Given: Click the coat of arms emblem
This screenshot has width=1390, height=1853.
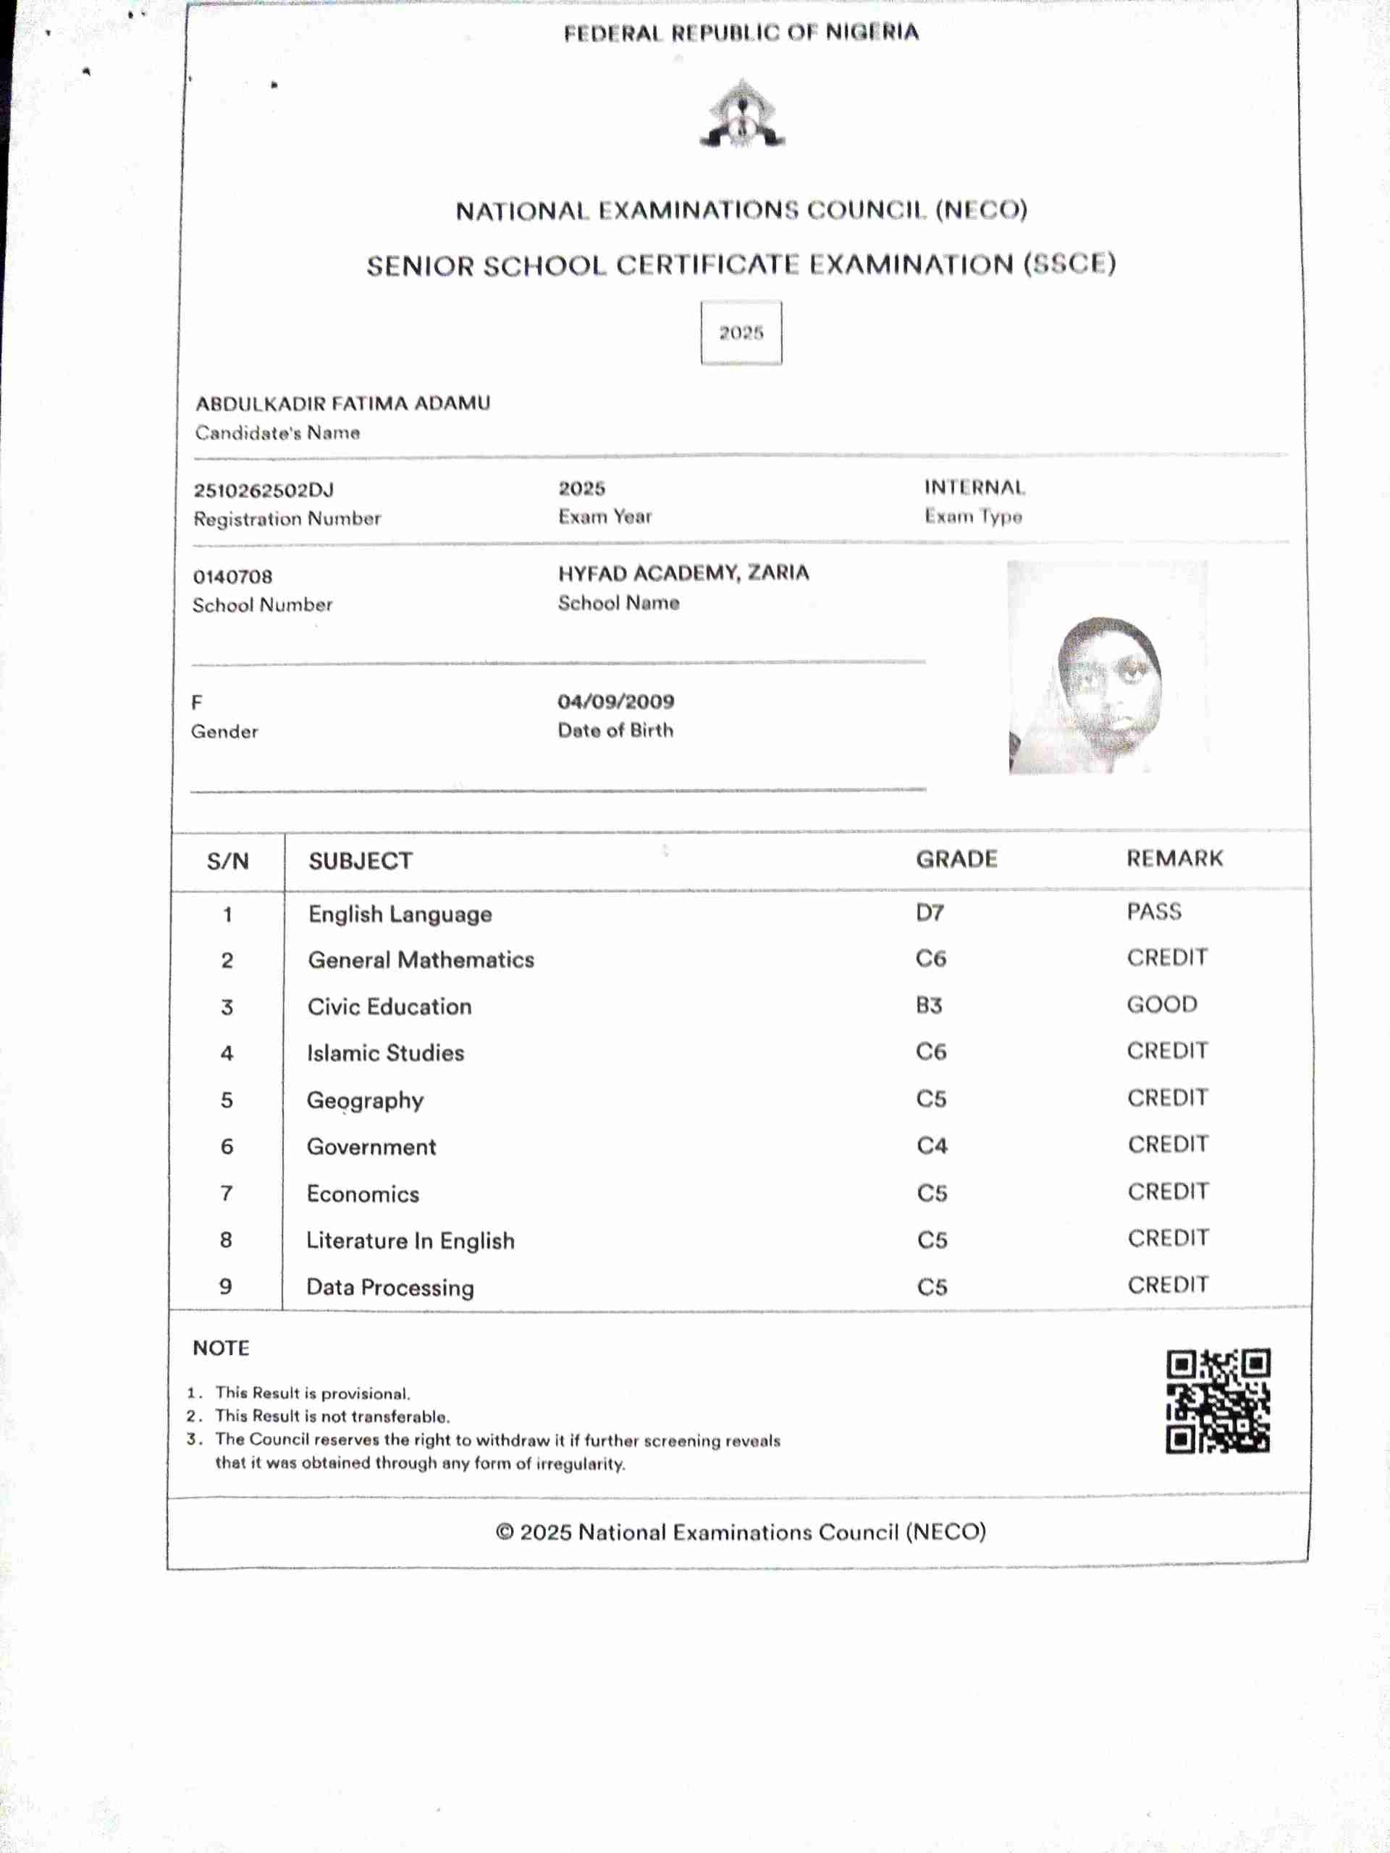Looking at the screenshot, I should point(741,115).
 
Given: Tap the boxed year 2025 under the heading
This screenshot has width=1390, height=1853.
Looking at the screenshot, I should point(741,332).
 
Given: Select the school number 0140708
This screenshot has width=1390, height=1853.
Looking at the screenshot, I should point(233,576).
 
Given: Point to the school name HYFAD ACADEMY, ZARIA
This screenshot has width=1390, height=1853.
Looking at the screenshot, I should point(683,573).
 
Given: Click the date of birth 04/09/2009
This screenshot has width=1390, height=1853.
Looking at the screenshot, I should point(616,701).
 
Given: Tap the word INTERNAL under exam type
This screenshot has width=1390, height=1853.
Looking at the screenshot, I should point(974,488).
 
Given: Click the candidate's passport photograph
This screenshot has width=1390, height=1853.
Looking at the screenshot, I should point(1108,667).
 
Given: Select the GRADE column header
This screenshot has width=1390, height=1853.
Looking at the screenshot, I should point(957,858).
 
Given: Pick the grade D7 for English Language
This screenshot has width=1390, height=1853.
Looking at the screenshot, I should point(930,912).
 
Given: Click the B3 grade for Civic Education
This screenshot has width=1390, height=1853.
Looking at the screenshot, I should point(929,1005).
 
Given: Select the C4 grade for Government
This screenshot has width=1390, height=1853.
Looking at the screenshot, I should point(932,1145).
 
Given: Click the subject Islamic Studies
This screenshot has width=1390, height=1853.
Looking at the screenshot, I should point(385,1053).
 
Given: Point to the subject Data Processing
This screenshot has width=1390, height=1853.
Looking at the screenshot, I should point(390,1287).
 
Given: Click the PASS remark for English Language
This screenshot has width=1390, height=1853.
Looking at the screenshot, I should point(1155,911).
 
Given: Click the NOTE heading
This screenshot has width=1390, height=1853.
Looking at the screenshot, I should point(222,1348).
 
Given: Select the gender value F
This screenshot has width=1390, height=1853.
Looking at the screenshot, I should point(197,702).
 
